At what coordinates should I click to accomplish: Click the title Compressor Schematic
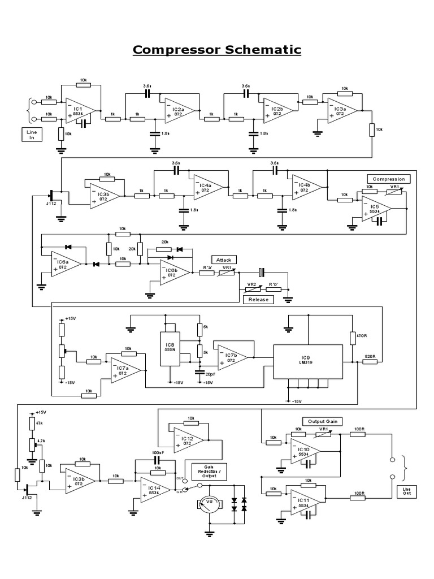217,50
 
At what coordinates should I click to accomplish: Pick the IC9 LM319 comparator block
305,360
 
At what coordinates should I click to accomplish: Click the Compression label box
389,179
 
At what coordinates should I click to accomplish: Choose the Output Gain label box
323,421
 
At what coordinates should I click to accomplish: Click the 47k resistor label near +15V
39,422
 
